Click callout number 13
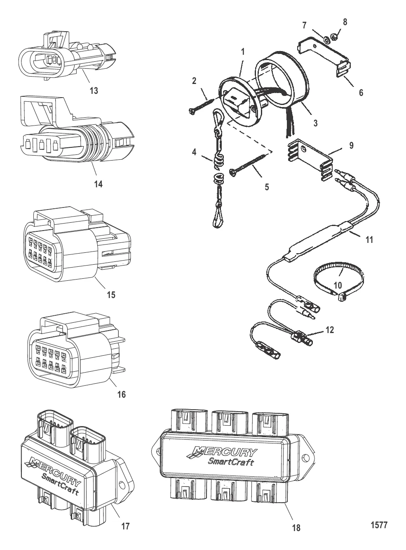94,91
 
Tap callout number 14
99,184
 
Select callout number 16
121,394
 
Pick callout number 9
352,145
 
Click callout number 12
329,330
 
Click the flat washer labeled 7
326,40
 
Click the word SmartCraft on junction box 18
231,461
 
